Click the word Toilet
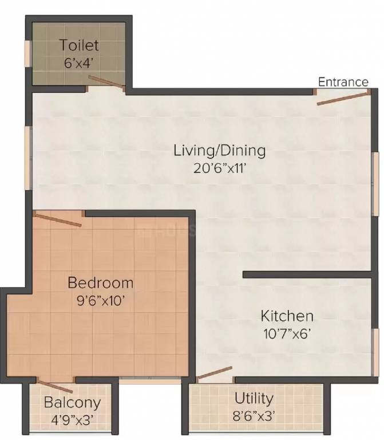(80, 45)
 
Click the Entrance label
(343, 82)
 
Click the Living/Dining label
(220, 151)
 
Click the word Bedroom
(100, 282)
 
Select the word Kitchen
(287, 316)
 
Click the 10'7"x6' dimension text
(287, 333)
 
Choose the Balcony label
(72, 403)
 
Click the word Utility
(254, 398)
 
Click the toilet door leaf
(107, 84)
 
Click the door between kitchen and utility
(214, 373)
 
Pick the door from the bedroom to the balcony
(55, 387)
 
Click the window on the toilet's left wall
(27, 54)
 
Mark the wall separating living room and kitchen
(307, 275)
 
